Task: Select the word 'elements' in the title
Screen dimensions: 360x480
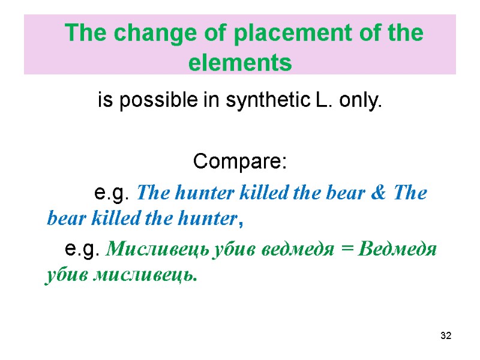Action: pyautogui.click(x=240, y=62)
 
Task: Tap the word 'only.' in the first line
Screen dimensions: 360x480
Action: pyautogui.click(x=360, y=102)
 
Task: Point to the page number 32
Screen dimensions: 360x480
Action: pyautogui.click(x=445, y=335)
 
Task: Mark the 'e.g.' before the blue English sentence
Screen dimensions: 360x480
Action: pyautogui.click(x=113, y=193)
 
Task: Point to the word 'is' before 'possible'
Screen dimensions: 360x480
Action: pyautogui.click(x=105, y=102)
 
